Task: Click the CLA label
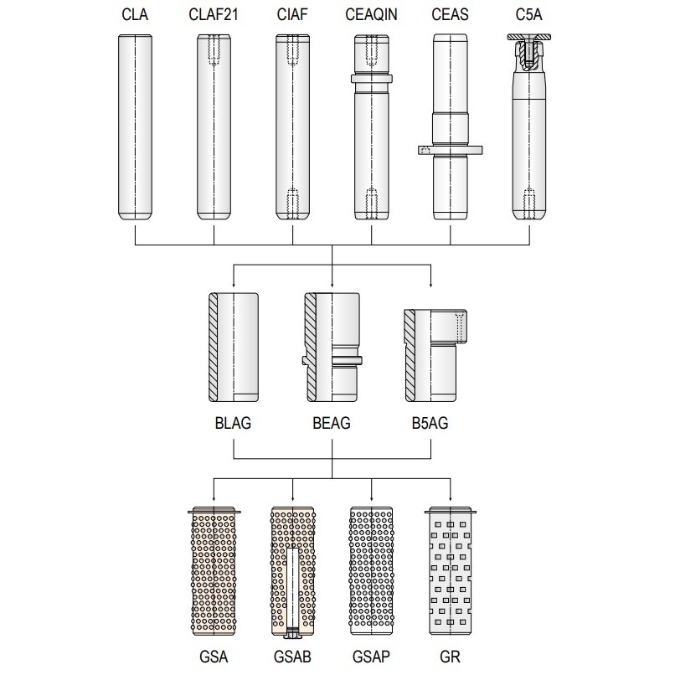(135, 14)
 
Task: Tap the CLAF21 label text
(214, 14)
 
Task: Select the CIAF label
(292, 14)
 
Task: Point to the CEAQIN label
(371, 14)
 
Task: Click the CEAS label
(450, 14)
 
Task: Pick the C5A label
(528, 14)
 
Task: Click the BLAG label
(233, 423)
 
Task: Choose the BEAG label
(332, 423)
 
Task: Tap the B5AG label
(430, 423)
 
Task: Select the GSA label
(214, 657)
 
